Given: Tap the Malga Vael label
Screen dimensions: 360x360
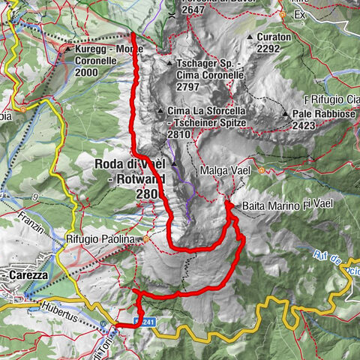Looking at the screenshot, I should click(220, 171).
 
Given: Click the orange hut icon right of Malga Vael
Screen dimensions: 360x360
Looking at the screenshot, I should click(262, 170).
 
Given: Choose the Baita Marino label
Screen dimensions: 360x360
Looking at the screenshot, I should click(266, 204).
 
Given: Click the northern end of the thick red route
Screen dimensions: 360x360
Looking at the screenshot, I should click(133, 34).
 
